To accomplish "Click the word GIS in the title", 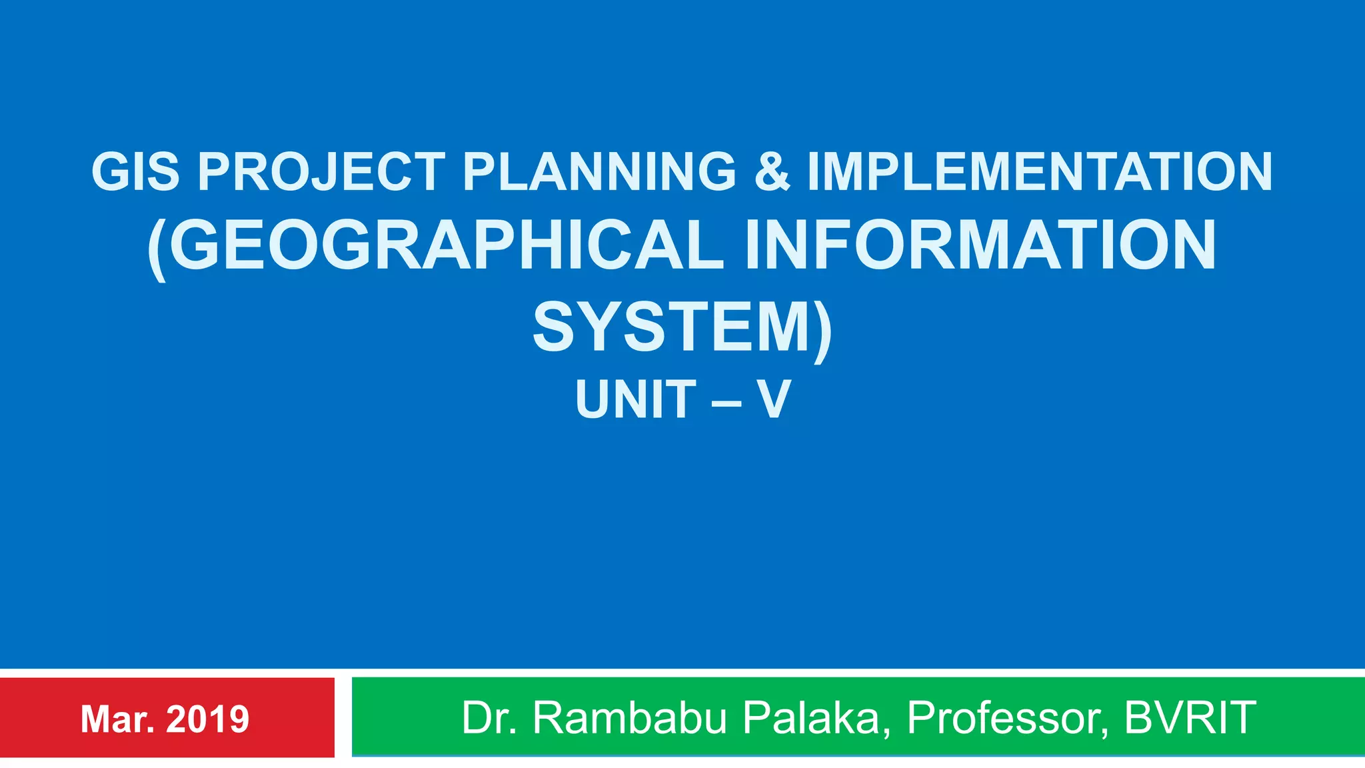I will click(x=135, y=171).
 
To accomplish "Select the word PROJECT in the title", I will click(x=321, y=171).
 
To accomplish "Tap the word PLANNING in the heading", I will click(x=599, y=171).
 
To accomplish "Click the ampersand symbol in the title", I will click(x=772, y=171).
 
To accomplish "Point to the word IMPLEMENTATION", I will click(x=1040, y=171).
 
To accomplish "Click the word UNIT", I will click(x=636, y=399).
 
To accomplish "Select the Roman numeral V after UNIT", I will click(x=773, y=399).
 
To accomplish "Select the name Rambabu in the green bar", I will click(x=629, y=718).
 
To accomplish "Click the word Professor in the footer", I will click(x=1007, y=718).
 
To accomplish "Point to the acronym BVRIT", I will click(x=1190, y=718).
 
